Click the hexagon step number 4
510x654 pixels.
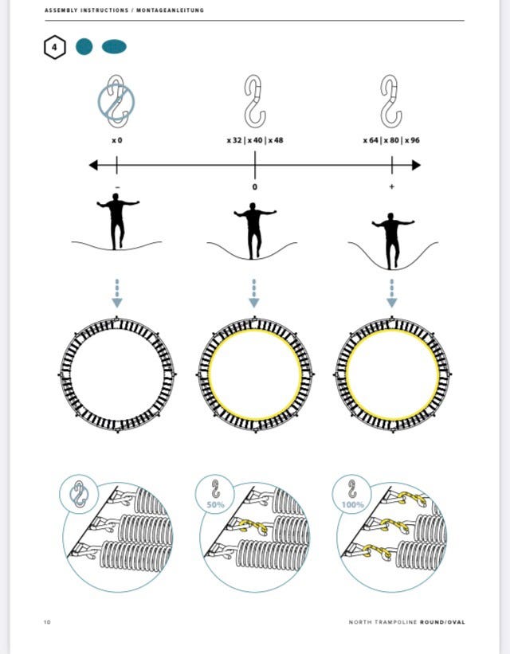[55, 47]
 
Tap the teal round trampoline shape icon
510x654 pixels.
[84, 47]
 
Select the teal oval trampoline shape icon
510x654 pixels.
[114, 47]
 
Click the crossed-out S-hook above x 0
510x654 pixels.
[116, 101]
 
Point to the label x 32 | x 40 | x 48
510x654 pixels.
[255, 140]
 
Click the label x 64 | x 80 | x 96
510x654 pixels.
[391, 140]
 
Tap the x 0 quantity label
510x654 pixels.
[117, 140]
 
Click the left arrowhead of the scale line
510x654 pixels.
[93, 165]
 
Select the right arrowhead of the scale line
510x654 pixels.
[416, 165]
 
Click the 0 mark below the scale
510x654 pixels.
[254, 187]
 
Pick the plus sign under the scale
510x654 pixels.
[391, 187]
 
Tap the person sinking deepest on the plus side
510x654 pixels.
[392, 241]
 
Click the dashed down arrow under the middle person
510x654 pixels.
[254, 293]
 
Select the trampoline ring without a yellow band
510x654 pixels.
[117, 374]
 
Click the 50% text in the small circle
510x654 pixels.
[215, 505]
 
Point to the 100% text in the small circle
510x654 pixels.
[353, 505]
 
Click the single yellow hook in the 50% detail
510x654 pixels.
[253, 527]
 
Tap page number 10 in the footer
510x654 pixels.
[47, 622]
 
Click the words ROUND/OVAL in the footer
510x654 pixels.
[442, 622]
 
